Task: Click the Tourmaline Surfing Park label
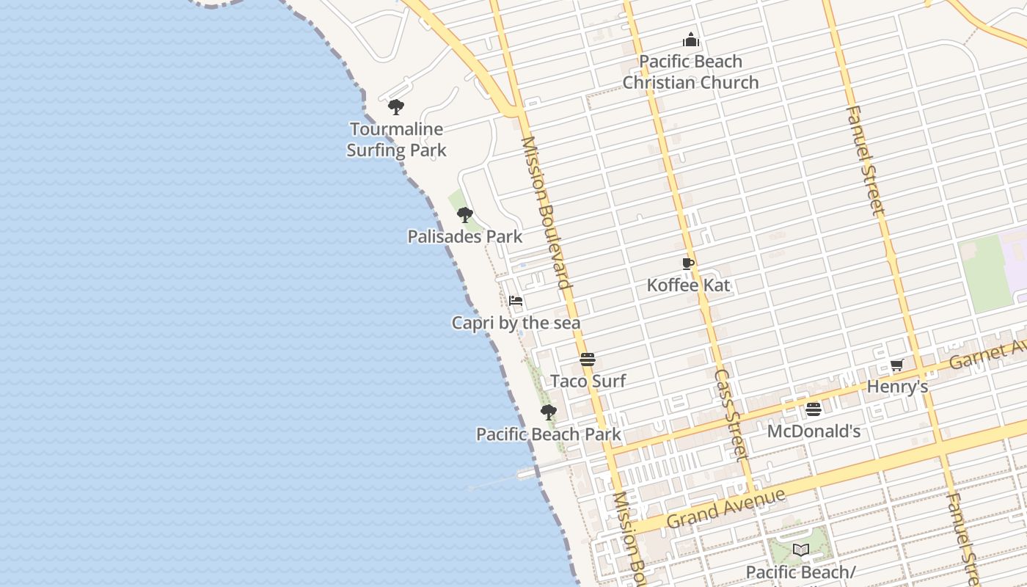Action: [396, 139]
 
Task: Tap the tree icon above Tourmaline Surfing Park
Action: [396, 107]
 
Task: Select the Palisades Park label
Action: [465, 236]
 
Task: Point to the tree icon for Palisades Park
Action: [464, 215]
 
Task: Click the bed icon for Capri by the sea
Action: [516, 301]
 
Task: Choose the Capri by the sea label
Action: [516, 323]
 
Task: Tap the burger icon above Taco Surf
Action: [587, 360]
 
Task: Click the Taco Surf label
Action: [588, 381]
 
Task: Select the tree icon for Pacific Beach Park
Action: [548, 412]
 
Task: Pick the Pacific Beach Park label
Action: [549, 434]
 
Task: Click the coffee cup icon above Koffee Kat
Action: [687, 263]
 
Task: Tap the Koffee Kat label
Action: [688, 285]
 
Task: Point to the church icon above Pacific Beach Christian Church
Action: [690, 40]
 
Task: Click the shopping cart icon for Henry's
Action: [896, 365]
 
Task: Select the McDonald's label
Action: [814, 431]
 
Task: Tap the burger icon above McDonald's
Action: [813, 409]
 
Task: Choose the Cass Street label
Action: [731, 415]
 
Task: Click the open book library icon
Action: [801, 550]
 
